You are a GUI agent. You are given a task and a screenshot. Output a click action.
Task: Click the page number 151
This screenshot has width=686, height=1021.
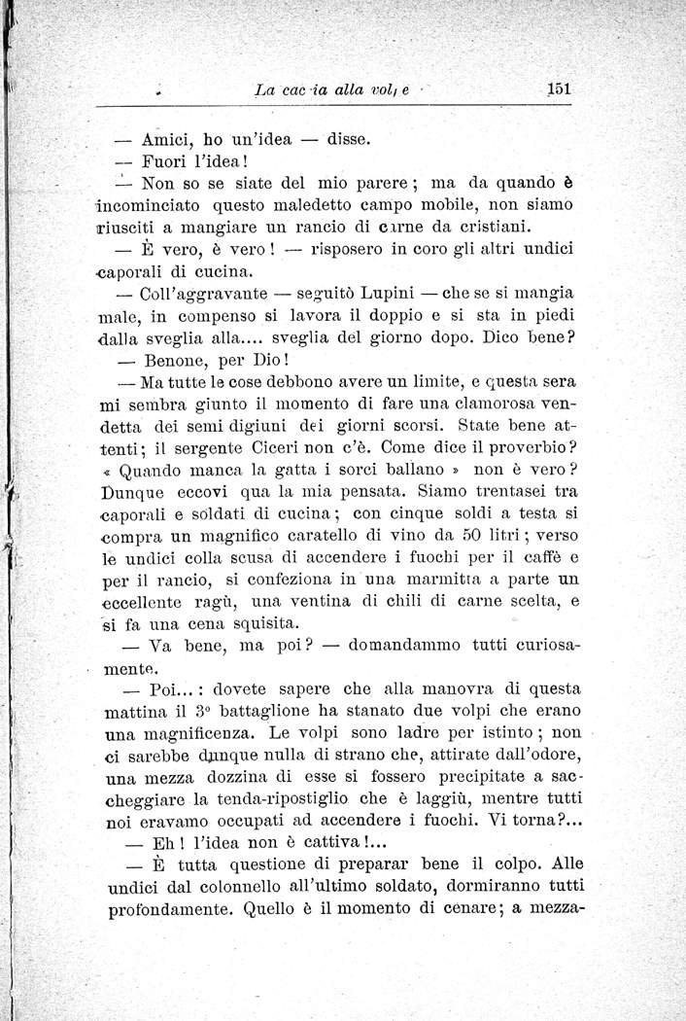coord(558,88)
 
